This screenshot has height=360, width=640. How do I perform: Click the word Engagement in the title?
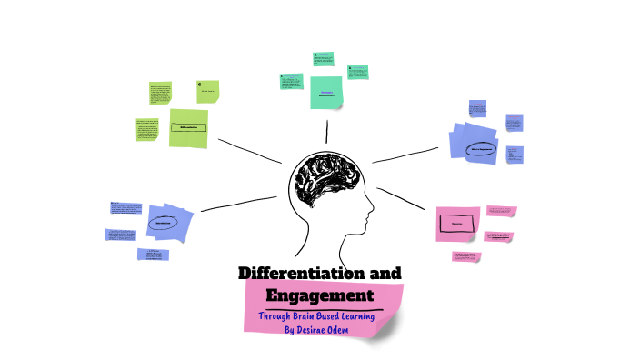(319, 296)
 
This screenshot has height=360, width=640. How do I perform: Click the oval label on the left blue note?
(165, 222)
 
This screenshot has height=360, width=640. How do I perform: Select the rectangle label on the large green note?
(188, 127)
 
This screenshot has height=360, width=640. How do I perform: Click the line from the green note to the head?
(247, 150)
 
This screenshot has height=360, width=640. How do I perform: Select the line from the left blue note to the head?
(238, 204)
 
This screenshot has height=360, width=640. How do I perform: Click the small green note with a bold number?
(208, 90)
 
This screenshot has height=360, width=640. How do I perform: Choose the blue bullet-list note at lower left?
(154, 255)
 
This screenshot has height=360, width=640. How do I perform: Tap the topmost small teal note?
(325, 58)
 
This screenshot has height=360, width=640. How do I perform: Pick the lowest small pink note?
(466, 257)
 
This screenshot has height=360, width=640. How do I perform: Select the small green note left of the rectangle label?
(147, 128)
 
